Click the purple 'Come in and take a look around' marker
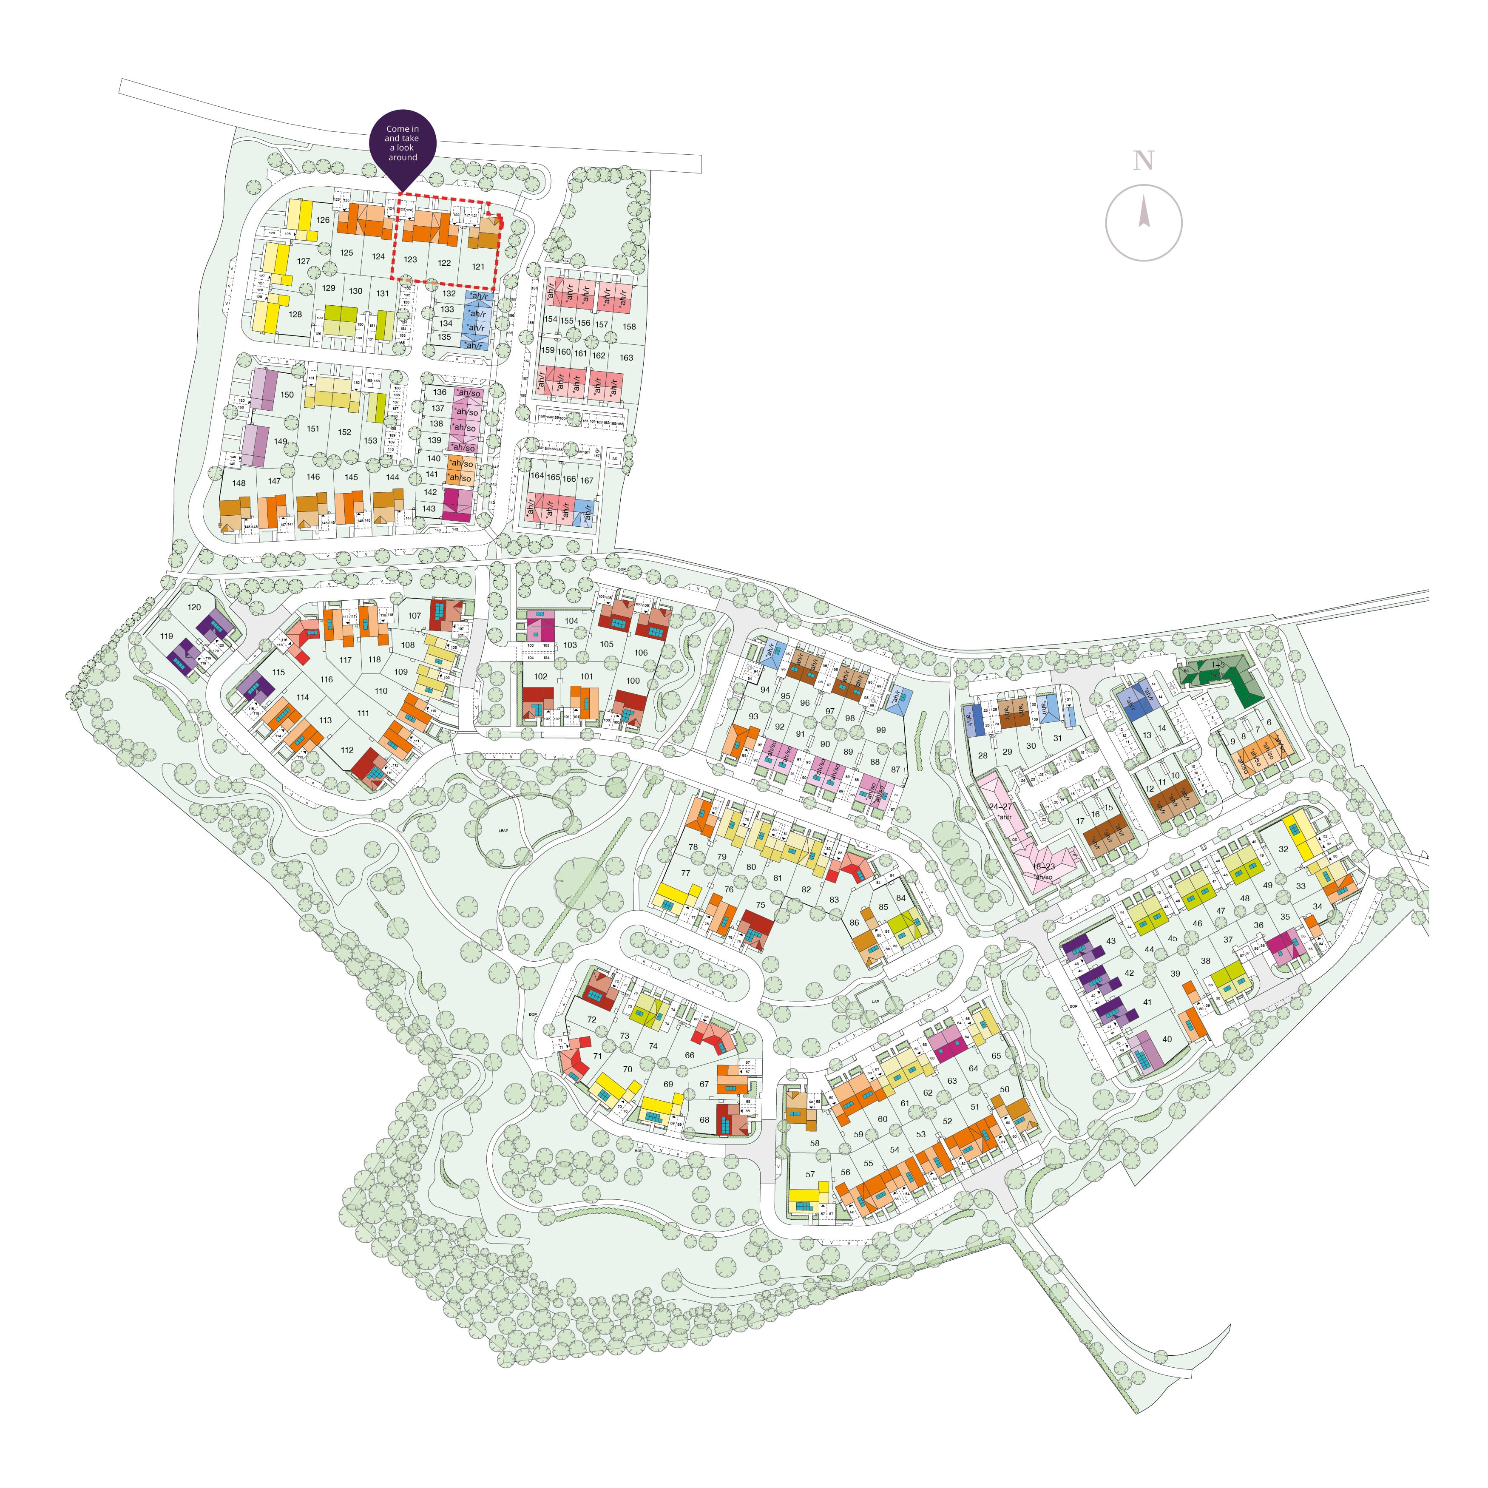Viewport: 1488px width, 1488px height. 402,144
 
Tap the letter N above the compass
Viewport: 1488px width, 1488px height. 1144,161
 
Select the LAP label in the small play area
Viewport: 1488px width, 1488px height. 875,1002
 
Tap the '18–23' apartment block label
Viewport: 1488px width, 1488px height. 1044,866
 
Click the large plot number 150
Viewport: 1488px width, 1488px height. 287,395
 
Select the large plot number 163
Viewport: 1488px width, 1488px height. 626,358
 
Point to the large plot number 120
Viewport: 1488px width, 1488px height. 194,607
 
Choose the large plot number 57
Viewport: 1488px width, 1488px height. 810,1175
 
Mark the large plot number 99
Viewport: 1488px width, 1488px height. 881,730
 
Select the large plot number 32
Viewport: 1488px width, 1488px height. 1283,849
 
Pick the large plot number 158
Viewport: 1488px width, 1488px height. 629,327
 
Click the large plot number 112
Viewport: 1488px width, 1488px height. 347,750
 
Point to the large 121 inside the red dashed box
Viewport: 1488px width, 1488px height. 478,267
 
